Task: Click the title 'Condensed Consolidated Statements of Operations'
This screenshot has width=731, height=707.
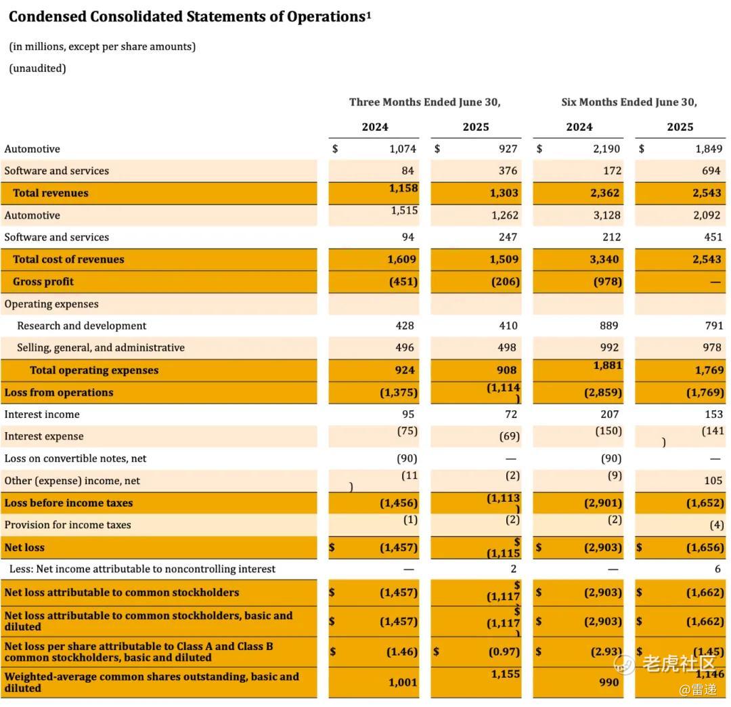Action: tap(187, 17)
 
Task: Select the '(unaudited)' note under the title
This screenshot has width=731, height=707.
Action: tap(37, 68)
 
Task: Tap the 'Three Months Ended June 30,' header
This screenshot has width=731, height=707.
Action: tap(424, 102)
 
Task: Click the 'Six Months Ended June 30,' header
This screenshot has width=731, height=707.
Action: tap(629, 102)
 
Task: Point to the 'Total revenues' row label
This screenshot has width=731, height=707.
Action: tap(51, 193)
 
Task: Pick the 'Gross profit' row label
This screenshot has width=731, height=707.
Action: tap(43, 282)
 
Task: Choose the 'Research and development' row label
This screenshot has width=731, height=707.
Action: tap(82, 326)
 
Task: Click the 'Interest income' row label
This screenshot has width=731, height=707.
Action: tap(42, 414)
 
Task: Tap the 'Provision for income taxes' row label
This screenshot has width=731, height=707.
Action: tap(68, 525)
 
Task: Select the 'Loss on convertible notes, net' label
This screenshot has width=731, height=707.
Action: tap(75, 458)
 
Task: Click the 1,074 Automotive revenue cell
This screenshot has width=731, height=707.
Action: tap(403, 149)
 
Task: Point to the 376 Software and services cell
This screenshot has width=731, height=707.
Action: tap(508, 171)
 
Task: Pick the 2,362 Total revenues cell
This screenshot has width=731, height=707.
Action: tap(604, 193)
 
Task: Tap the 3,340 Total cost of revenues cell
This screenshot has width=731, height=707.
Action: tap(604, 259)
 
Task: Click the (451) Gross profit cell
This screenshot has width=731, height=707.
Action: tap(403, 282)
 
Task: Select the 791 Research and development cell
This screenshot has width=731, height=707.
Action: tap(713, 326)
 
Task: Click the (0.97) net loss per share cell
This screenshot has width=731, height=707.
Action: tap(504, 652)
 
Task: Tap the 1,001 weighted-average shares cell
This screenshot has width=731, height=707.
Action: tap(403, 683)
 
